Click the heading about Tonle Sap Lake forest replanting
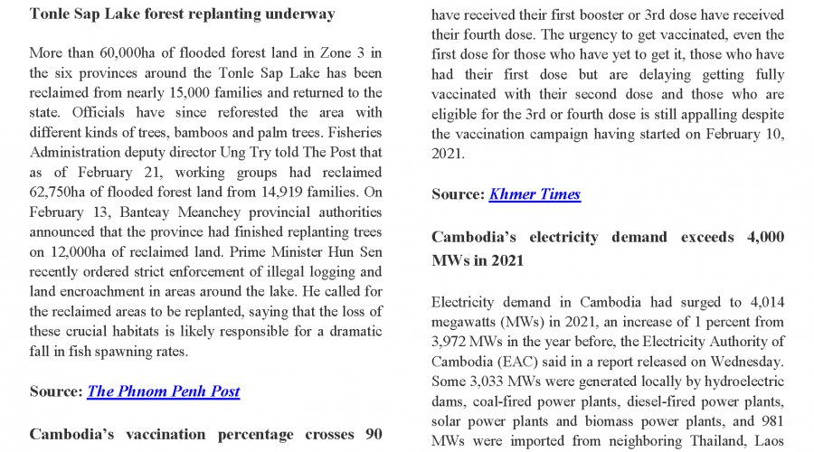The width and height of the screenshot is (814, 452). (183, 14)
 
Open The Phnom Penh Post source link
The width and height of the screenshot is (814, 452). (164, 391)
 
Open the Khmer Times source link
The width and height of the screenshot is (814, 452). (535, 194)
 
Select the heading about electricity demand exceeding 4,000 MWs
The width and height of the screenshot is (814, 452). (607, 248)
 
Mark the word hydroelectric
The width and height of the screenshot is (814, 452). (739, 381)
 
